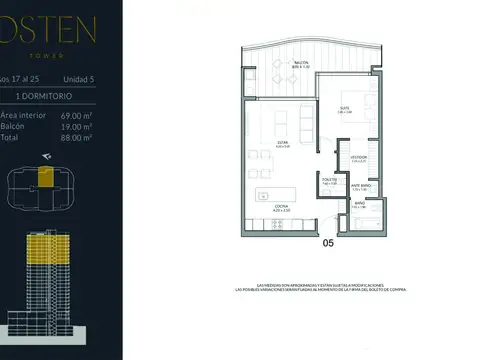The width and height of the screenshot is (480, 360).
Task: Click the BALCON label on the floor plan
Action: point(300,63)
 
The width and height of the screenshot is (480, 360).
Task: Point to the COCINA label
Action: point(282,207)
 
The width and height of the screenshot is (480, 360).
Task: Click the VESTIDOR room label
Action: point(359,158)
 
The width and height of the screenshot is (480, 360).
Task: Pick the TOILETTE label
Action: point(329,181)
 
